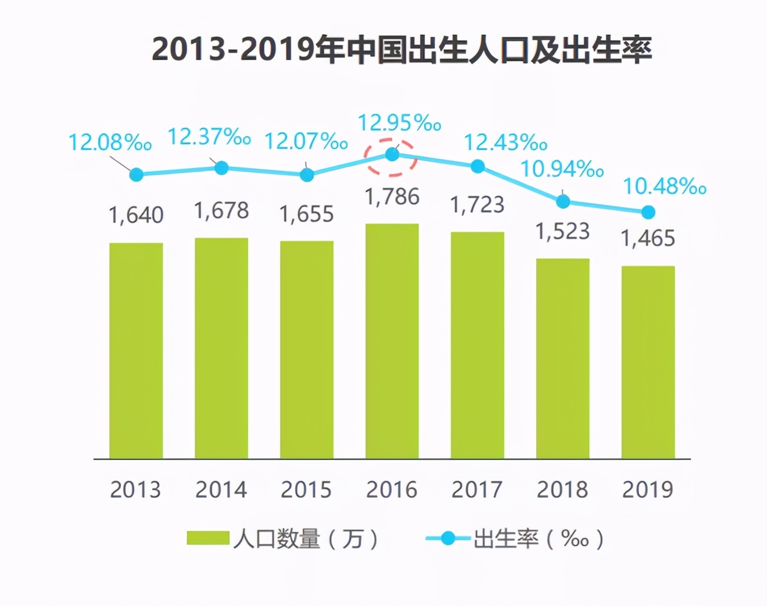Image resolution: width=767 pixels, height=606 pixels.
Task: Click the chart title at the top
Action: (x=402, y=49)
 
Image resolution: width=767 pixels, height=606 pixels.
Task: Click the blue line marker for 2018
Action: (x=563, y=202)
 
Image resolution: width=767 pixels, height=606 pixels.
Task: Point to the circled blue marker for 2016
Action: (x=392, y=155)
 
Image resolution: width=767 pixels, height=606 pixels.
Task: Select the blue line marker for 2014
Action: (x=221, y=168)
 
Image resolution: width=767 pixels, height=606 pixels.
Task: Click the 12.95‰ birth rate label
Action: (x=399, y=123)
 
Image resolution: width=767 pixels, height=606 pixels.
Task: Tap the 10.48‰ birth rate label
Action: (x=665, y=187)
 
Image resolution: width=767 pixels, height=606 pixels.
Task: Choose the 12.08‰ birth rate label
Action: (x=110, y=142)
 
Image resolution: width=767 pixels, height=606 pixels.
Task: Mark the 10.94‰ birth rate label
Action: (x=562, y=169)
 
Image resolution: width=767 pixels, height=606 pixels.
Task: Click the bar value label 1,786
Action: (x=392, y=197)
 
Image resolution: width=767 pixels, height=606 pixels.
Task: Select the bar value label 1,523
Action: (x=562, y=231)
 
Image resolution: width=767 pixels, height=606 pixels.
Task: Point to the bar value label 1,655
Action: (x=307, y=215)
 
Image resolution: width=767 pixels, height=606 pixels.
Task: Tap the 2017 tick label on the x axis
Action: (x=477, y=490)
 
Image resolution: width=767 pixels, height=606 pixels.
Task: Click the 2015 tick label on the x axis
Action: (x=306, y=490)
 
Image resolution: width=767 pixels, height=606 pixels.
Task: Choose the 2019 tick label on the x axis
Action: (x=648, y=490)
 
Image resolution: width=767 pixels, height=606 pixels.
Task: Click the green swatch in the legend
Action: (x=207, y=539)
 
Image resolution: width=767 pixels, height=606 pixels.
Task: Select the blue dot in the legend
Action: (x=448, y=539)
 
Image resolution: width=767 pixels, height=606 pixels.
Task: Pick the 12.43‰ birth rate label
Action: (x=506, y=142)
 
